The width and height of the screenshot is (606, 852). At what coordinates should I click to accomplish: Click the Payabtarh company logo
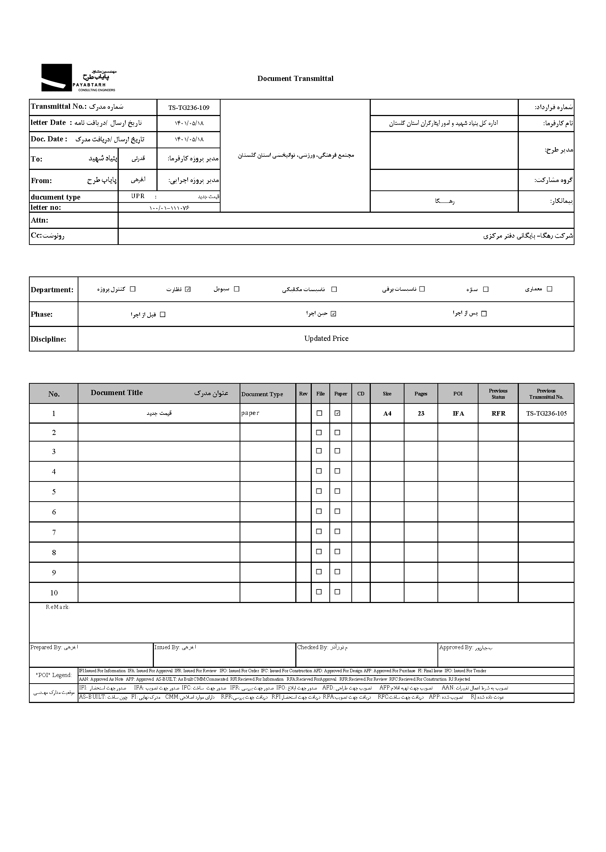78,78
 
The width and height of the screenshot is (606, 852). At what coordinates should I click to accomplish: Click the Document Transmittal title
295,78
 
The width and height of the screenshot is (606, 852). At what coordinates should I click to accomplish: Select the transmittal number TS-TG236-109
188,108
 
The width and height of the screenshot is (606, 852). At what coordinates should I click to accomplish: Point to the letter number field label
46,207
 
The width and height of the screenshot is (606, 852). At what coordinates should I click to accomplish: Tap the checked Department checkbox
188,289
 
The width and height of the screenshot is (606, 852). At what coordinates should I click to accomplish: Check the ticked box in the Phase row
334,313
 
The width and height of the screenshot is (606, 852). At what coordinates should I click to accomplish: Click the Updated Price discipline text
326,338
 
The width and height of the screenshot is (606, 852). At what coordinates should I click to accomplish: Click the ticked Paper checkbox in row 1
337,413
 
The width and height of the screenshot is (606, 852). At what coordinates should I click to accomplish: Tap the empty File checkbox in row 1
319,413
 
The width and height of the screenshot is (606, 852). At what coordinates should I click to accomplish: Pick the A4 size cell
387,413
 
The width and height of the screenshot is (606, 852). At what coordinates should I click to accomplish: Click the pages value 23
421,413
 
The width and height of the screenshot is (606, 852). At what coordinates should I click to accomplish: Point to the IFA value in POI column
458,413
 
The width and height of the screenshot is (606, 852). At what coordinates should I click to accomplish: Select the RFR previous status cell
498,413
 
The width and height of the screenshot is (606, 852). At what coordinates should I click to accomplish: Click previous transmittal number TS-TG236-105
546,413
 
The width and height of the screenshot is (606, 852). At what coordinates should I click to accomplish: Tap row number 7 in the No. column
54,532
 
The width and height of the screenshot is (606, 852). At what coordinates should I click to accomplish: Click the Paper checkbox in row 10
337,591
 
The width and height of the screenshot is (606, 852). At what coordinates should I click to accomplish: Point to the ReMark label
58,607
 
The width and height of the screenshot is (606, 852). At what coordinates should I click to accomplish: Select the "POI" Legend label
54,675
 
